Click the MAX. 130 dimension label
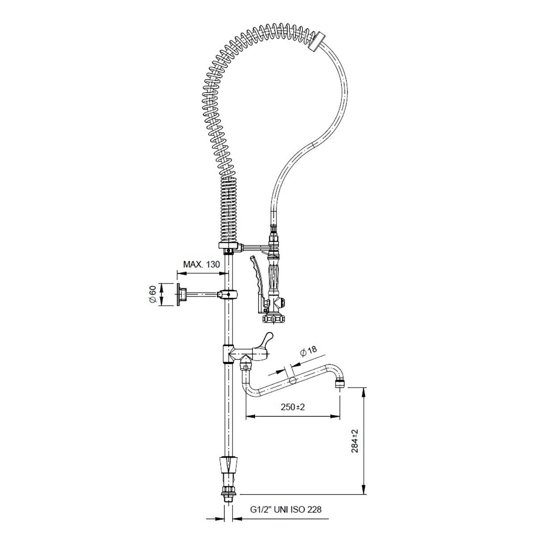tap(201, 264)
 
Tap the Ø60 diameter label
tap(153, 294)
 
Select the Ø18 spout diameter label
tap(308, 351)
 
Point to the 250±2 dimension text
tap(293, 407)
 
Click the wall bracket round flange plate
tap(178, 294)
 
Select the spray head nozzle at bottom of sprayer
tap(273, 318)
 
